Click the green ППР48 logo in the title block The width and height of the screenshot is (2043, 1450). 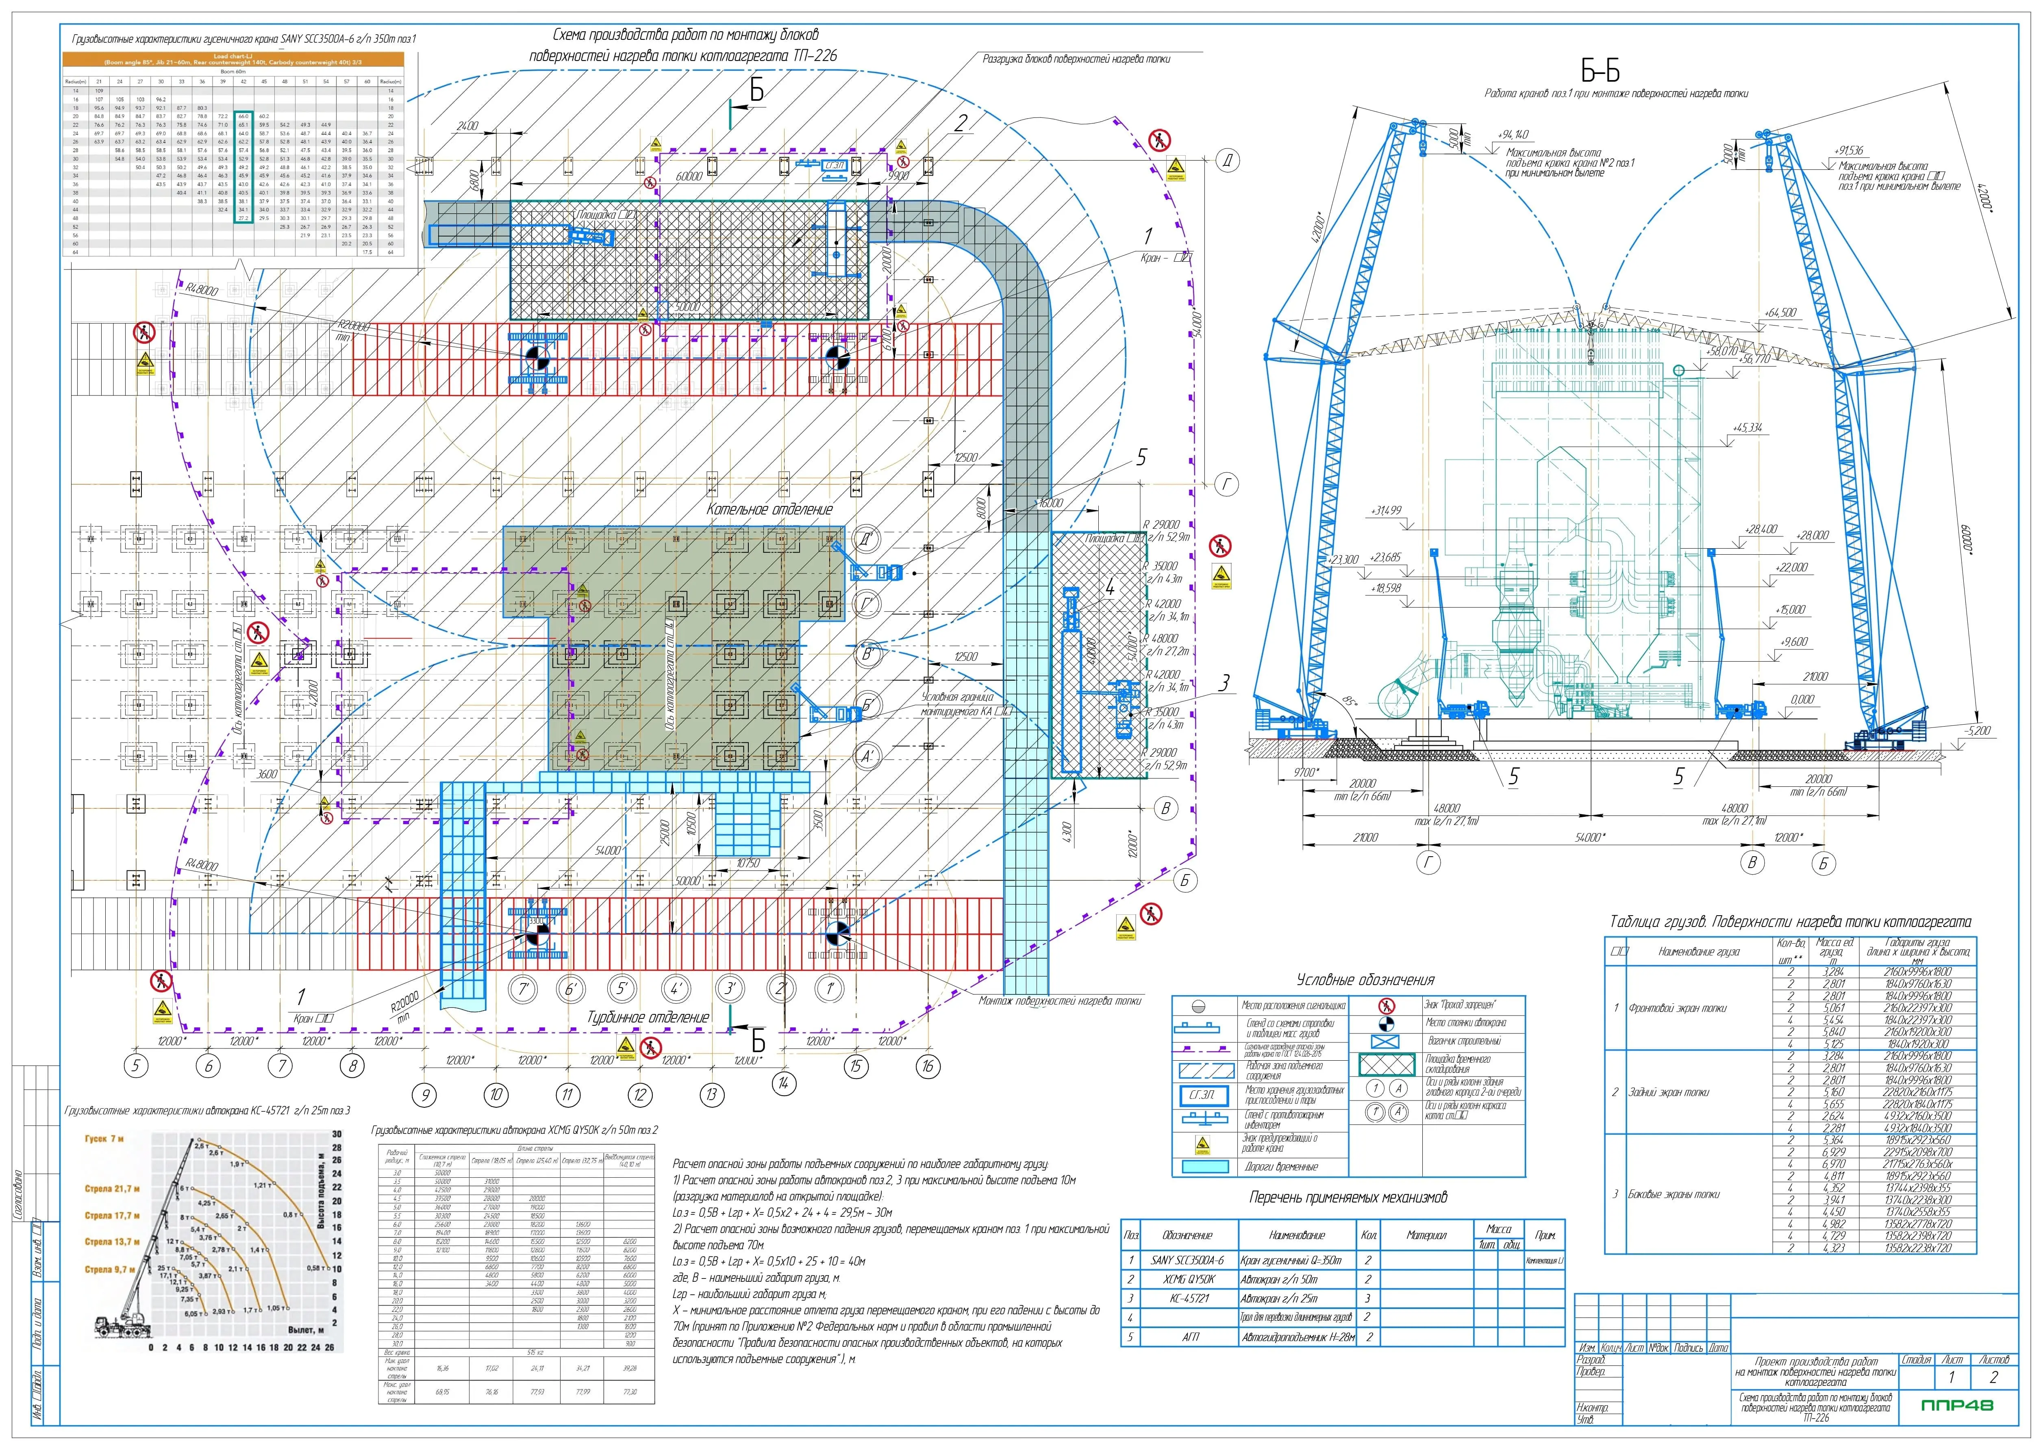tap(1956, 1405)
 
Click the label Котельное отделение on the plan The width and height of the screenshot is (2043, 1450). tap(770, 509)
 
